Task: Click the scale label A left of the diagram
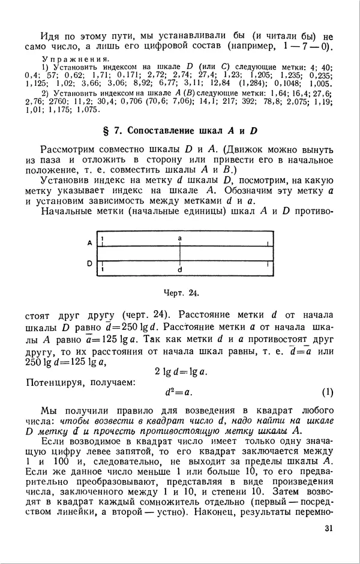click(89, 243)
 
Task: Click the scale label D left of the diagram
click(89, 263)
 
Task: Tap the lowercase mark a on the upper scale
click(180, 238)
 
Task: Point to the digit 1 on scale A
click(103, 239)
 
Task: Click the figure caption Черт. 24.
click(180, 293)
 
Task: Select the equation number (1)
click(327, 393)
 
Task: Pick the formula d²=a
click(178, 393)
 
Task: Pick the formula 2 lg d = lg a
click(181, 371)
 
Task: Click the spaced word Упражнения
click(74, 59)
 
